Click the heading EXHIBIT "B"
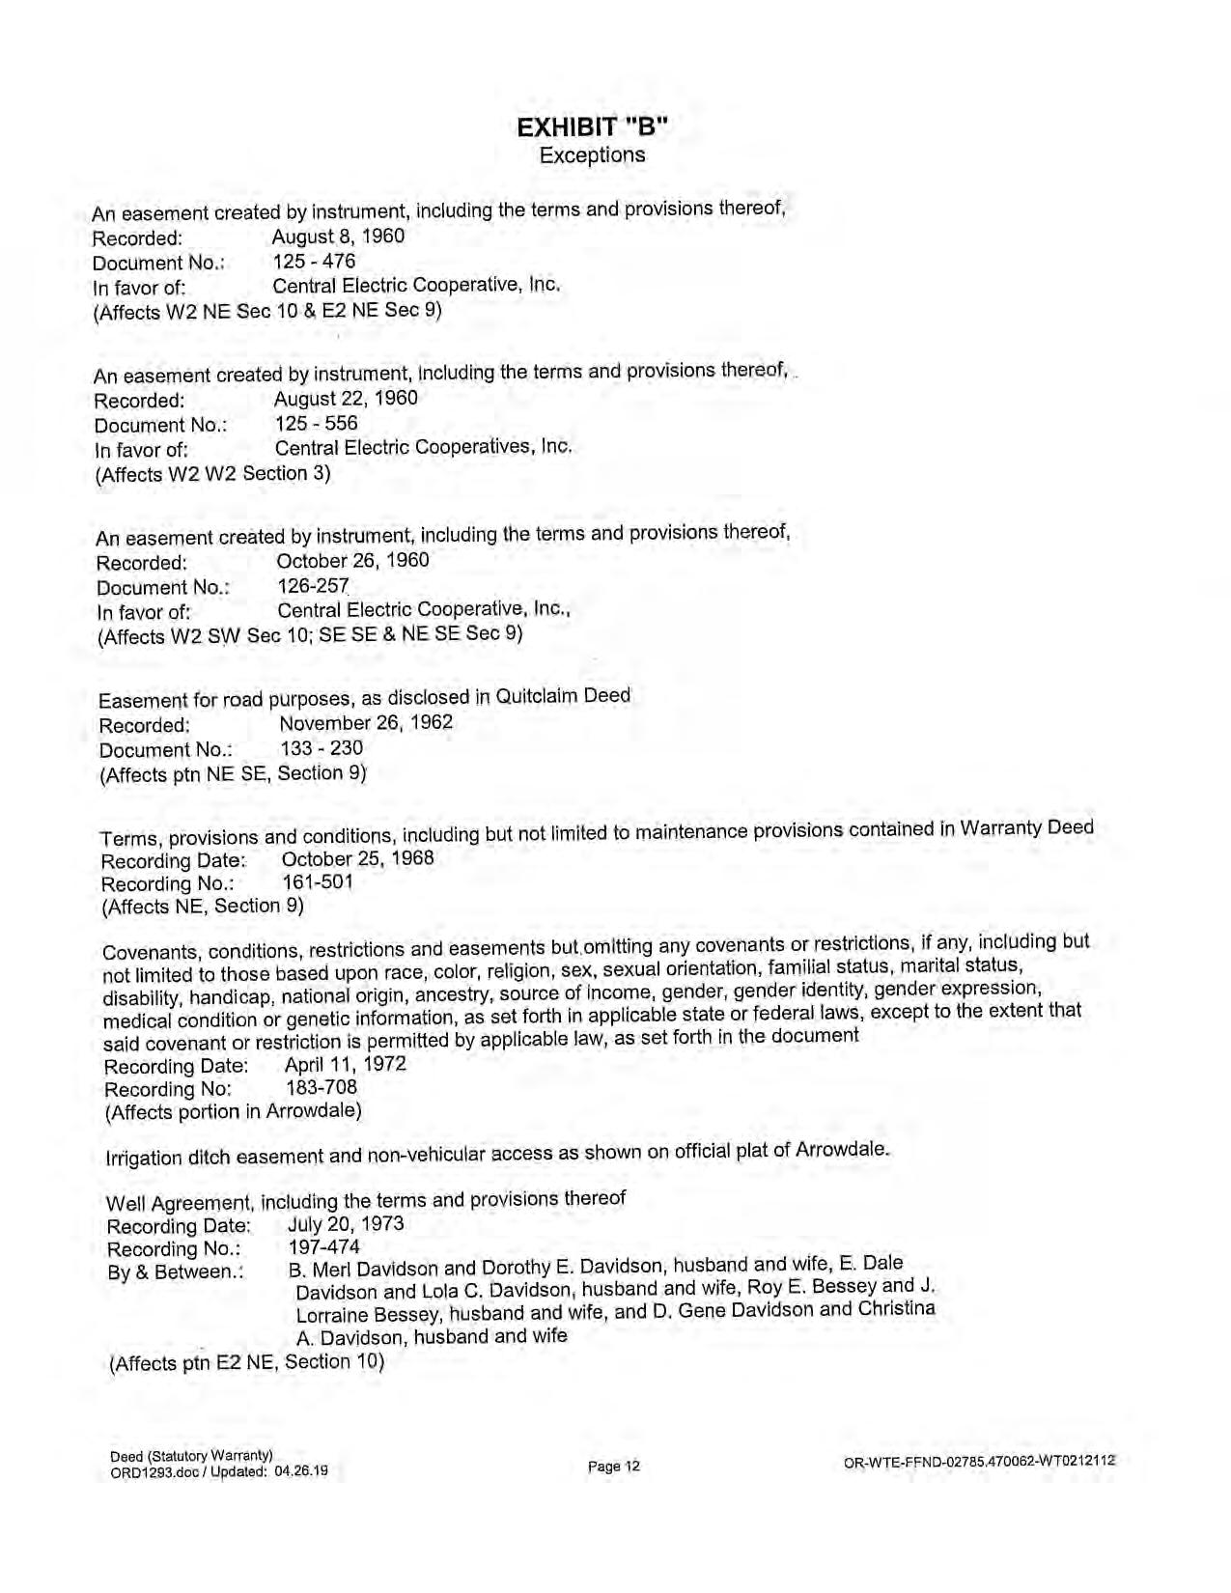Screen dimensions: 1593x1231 pos(592,127)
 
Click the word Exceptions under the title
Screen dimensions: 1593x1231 pos(592,154)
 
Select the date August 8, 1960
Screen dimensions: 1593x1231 pos(338,237)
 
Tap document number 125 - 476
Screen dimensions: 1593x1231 pos(314,262)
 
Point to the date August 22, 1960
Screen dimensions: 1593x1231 pos(346,399)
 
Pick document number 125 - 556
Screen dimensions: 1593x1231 pos(316,424)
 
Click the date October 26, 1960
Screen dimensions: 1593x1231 pos(352,561)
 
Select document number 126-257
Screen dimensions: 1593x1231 pos(313,586)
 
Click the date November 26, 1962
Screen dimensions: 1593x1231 pos(366,723)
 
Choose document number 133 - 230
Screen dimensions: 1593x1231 pos(322,748)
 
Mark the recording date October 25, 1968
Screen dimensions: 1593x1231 pos(357,858)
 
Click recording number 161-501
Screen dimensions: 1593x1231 pos(318,881)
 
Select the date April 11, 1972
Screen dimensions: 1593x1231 pos(345,1065)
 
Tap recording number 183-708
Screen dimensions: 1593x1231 pos(322,1088)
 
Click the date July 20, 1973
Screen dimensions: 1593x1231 pos(346,1224)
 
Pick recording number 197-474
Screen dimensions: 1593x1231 pos(323,1247)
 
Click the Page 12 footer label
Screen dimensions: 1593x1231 pos(613,1467)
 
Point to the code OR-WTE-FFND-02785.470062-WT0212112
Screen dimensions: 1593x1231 pos(979,1462)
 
